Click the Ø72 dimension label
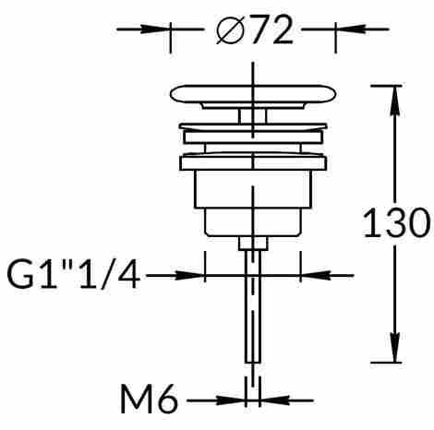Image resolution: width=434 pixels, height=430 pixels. pyautogui.click(x=255, y=30)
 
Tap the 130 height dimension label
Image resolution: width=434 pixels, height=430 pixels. pyautogui.click(x=396, y=222)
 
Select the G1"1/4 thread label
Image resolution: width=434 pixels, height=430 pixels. pyautogui.click(x=74, y=275)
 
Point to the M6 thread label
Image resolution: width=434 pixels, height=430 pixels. pyautogui.click(x=149, y=399)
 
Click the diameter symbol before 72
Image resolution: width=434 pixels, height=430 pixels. pyautogui.click(x=230, y=30)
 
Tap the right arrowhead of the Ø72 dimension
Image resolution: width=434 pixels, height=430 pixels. pyautogui.click(x=350, y=30)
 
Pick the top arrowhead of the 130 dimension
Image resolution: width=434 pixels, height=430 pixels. pyautogui.click(x=394, y=101)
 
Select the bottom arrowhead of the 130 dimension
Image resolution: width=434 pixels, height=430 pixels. pyautogui.click(x=394, y=348)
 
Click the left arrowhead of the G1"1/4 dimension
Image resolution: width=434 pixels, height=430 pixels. pyautogui.click(x=190, y=275)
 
